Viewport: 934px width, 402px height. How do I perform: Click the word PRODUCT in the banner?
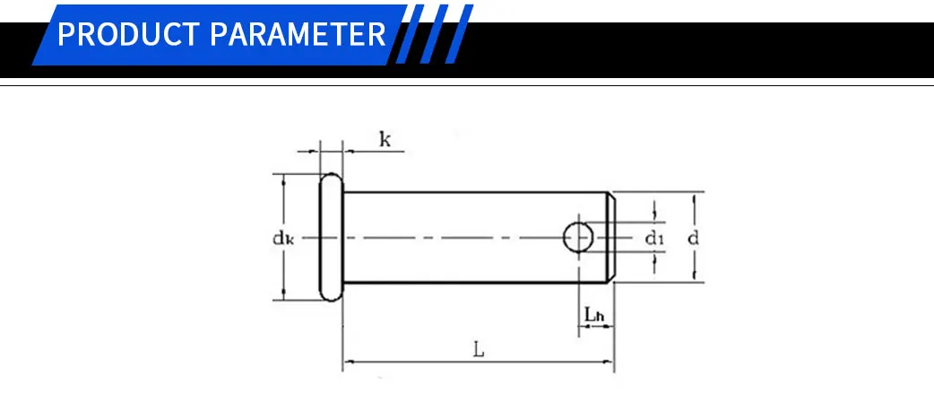129,35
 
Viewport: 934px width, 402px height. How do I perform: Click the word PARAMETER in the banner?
298,35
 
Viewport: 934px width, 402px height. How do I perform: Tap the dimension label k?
385,139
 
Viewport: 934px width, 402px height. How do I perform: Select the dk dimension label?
283,238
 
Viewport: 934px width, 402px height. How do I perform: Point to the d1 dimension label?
654,238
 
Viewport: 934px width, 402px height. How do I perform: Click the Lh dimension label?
594,315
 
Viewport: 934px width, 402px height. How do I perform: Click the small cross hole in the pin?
578,238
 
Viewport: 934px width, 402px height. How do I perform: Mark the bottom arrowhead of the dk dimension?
284,295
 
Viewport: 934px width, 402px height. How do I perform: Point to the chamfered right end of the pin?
611,238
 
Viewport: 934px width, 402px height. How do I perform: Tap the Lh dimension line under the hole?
595,328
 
